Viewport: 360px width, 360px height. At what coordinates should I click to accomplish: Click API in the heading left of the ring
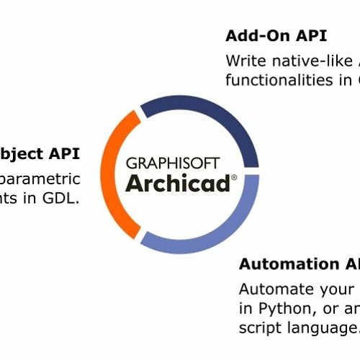tap(64, 153)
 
